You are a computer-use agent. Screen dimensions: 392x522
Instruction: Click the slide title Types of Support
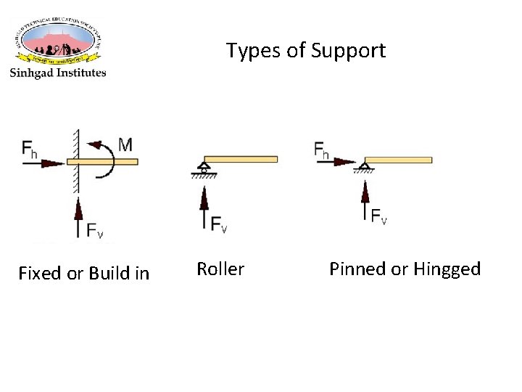coord(305,51)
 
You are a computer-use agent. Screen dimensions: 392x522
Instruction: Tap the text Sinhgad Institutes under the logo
coord(58,73)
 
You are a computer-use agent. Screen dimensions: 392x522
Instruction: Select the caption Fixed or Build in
coord(83,274)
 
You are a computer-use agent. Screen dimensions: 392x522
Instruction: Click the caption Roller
coord(220,269)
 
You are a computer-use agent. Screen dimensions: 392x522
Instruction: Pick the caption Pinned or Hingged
coord(405,269)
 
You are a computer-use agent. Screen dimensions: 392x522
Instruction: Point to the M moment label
coord(125,144)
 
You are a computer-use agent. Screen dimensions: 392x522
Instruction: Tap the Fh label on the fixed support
coord(30,150)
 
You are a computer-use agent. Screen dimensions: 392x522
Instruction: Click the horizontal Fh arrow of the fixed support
coord(43,164)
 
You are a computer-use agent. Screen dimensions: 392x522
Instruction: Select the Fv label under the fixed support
coord(95,231)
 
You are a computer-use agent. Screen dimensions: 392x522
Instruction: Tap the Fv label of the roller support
coord(219,225)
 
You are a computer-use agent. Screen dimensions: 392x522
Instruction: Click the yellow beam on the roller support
coord(241,159)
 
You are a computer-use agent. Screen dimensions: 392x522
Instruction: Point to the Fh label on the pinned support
coord(322,150)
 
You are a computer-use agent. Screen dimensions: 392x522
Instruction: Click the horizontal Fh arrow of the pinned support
coord(335,163)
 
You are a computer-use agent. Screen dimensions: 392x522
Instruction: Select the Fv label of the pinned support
coord(378,216)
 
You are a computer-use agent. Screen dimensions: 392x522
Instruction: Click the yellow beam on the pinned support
coord(398,160)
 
